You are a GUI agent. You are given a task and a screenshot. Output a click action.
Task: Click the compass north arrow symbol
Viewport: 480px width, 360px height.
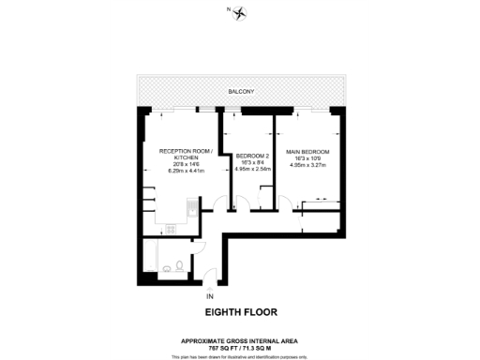[241, 12]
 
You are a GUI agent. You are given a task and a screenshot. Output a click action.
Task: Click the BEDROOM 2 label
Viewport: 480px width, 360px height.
[252, 156]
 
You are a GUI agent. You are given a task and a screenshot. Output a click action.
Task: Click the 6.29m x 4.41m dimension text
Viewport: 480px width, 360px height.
[186, 171]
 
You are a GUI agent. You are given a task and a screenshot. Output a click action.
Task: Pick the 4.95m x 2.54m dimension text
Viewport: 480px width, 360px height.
[252, 171]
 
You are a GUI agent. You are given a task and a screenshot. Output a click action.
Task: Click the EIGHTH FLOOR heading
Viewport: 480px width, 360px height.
[241, 312]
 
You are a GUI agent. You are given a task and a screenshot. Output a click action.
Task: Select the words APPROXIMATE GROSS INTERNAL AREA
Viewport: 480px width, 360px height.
[241, 339]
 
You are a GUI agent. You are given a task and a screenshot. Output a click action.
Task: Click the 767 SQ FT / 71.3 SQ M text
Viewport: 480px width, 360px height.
[241, 346]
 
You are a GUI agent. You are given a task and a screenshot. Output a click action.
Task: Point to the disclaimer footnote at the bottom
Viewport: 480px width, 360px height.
[241, 356]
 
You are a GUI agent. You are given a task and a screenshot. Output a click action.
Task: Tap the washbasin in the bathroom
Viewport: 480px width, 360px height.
[184, 268]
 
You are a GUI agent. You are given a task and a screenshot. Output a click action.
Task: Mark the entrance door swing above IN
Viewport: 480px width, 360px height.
[213, 277]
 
